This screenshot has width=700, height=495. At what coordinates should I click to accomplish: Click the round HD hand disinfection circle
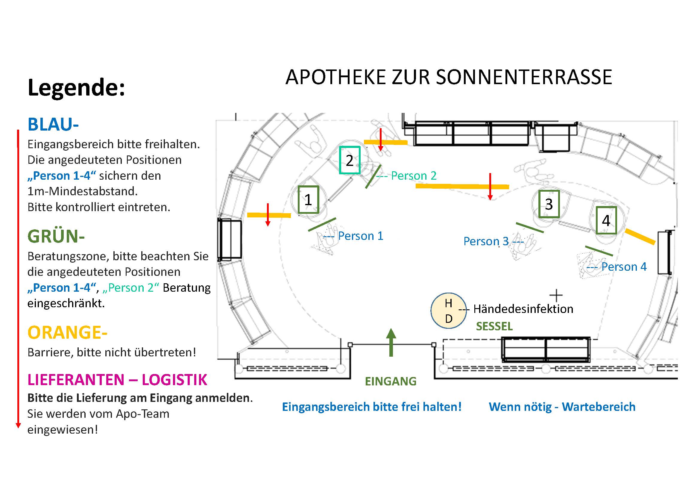coord(449,311)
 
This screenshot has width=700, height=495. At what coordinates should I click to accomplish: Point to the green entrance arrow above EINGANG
coord(391,343)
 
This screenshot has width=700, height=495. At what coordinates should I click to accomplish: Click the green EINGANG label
coord(391,381)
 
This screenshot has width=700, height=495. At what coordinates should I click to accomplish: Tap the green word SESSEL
coord(494,326)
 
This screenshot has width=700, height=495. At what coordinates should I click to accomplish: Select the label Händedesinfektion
coord(523,309)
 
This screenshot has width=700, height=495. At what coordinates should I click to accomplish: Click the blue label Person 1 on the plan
coord(361,236)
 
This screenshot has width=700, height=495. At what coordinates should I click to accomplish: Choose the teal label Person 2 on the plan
coord(414,176)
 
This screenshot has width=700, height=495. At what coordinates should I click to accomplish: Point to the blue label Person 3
coord(486,241)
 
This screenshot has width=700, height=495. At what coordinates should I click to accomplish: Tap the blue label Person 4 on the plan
coord(624,267)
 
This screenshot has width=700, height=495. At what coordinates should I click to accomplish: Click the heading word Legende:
coord(76,88)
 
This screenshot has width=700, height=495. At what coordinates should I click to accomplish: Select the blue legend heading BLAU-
coord(53,125)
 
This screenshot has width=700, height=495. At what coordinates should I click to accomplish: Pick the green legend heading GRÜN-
coord(56,236)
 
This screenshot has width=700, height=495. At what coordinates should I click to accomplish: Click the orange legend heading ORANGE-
coord(67,332)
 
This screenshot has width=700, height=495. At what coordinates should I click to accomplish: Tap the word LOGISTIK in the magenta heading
coord(174,380)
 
